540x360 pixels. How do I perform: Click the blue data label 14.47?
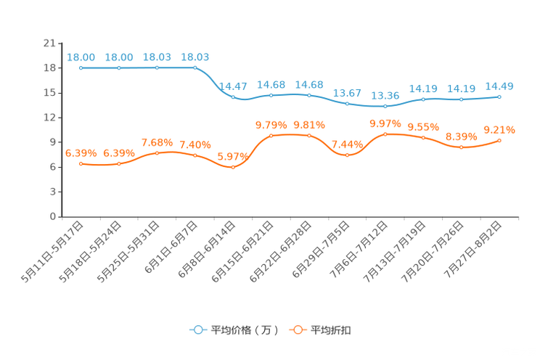point(232,86)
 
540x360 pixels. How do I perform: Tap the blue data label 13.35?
point(385,96)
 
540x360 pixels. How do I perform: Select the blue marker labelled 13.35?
point(385,107)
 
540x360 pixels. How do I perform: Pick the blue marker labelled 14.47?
point(233,97)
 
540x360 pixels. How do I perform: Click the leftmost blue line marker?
point(81,68)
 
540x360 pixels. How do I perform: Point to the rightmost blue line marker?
point(499,97)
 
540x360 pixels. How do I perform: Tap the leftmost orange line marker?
point(81,164)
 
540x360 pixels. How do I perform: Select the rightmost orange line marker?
point(499,141)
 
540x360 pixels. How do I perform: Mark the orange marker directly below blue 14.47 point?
point(232,167)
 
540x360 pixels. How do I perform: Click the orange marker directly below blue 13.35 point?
point(385,134)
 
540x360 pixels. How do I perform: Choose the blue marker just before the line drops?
point(195,67)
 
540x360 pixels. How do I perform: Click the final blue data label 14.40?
point(499,86)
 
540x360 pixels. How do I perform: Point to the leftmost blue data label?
point(81,57)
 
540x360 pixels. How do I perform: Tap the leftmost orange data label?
point(81,152)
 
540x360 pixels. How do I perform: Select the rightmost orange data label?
point(499,130)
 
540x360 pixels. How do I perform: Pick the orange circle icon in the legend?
point(298,330)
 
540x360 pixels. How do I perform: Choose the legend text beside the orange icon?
point(332,330)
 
